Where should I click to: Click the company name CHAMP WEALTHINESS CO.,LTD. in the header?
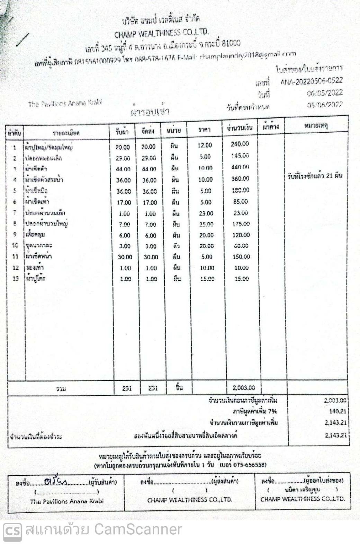coord(162,34)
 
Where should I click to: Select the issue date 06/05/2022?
coord(324,93)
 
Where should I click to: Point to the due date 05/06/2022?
coord(324,105)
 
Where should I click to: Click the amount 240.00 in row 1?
coord(240,144)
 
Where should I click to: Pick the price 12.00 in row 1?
coord(205,145)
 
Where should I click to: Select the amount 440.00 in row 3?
coord(240,167)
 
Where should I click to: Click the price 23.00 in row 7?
coord(206,213)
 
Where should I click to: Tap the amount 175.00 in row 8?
coord(241,224)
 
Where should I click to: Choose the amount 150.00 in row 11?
coord(241,257)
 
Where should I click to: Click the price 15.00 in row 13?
coord(207,279)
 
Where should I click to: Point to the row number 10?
coord(15,245)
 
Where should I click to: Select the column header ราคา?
coord(204,129)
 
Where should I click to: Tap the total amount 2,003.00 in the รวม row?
coord(244,388)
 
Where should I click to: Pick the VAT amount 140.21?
coord(337,411)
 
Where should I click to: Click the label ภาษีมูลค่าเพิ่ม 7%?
coord(255,411)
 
